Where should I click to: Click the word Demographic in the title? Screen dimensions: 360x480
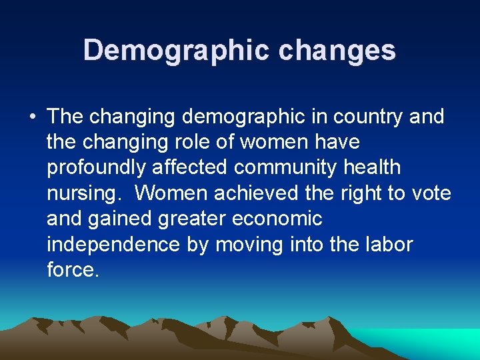(174, 50)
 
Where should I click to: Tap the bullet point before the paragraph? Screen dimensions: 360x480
(32, 117)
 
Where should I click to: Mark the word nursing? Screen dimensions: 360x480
(85, 193)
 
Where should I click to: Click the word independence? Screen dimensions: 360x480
(113, 245)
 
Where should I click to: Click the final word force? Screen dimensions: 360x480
(72, 270)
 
